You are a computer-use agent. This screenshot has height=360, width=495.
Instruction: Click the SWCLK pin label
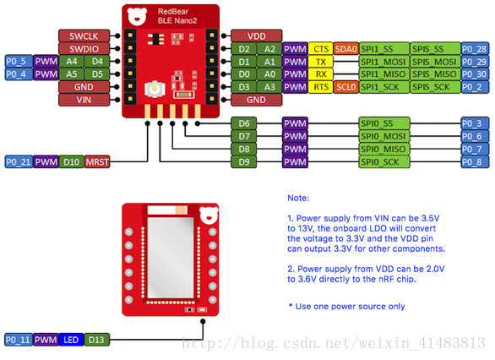(x=84, y=36)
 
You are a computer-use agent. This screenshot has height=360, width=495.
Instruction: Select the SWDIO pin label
(x=84, y=49)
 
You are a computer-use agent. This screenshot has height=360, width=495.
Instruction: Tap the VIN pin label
(x=84, y=100)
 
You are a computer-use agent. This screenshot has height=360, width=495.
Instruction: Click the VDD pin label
(x=256, y=36)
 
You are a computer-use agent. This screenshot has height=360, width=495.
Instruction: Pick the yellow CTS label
(x=321, y=49)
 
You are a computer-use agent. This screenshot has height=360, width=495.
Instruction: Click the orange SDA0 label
(x=346, y=49)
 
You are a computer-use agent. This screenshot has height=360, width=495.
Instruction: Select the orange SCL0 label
(x=346, y=87)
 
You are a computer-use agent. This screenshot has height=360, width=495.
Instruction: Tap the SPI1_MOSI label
(x=384, y=62)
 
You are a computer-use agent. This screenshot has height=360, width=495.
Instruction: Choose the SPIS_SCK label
(x=435, y=87)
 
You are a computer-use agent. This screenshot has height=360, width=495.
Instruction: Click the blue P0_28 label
(x=475, y=49)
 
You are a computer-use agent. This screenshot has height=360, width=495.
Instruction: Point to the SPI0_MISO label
(x=384, y=149)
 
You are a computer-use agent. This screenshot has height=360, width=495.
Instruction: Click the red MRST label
(x=97, y=162)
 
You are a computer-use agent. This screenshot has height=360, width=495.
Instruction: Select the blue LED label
(x=71, y=340)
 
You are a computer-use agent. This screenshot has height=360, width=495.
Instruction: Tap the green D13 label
(x=96, y=340)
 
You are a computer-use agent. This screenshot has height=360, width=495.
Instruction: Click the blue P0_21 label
(x=19, y=162)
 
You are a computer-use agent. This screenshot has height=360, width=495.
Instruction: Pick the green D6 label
(x=244, y=123)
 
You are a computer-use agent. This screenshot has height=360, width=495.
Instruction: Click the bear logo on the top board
(x=137, y=17)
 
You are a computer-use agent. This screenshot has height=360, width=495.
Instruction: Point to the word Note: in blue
(x=298, y=198)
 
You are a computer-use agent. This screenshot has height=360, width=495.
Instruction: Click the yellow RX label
(x=321, y=74)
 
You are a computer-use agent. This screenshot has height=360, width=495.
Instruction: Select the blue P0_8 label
(x=475, y=162)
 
